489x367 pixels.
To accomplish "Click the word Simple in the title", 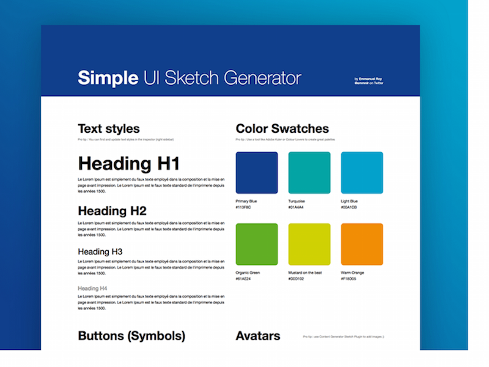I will click(x=108, y=78).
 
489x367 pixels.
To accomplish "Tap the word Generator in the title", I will click(x=262, y=78).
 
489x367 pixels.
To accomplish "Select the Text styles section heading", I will click(x=109, y=129).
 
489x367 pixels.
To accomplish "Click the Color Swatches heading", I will click(x=282, y=129).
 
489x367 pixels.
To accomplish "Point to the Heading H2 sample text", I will click(x=112, y=211).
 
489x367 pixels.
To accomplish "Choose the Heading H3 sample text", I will click(x=100, y=251).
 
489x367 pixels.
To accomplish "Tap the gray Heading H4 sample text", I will click(x=92, y=288).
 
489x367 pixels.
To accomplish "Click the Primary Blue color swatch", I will click(x=257, y=173).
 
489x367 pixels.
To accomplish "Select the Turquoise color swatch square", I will click(x=309, y=173).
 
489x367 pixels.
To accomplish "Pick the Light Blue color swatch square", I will click(x=362, y=173).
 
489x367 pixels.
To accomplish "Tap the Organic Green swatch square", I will click(x=257, y=245).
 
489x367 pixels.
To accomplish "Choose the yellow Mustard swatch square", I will click(x=309, y=245).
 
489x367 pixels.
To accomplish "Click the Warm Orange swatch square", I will click(x=362, y=245).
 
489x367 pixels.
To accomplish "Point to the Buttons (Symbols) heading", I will click(x=131, y=336).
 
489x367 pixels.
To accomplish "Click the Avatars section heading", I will click(x=258, y=336).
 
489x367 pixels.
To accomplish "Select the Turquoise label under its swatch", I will click(x=296, y=201).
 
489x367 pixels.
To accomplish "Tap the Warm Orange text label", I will click(x=353, y=273).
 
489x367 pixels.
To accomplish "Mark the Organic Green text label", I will click(x=248, y=273).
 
